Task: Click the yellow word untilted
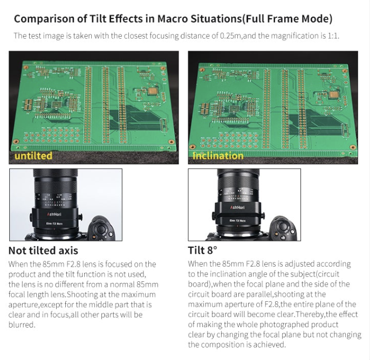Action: coord(33,156)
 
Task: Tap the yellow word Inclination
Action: coord(218,156)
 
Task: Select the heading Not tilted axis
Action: coord(43,251)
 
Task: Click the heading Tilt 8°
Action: coord(202,250)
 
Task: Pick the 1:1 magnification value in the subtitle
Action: coord(333,36)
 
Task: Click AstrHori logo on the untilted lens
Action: coord(54,214)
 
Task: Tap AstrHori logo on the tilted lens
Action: coord(237,207)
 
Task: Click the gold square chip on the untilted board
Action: coord(153,91)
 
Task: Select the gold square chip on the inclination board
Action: coord(334,95)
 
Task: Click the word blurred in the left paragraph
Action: coord(22,325)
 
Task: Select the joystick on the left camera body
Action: coord(102,229)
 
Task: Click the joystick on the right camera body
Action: coord(283,227)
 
